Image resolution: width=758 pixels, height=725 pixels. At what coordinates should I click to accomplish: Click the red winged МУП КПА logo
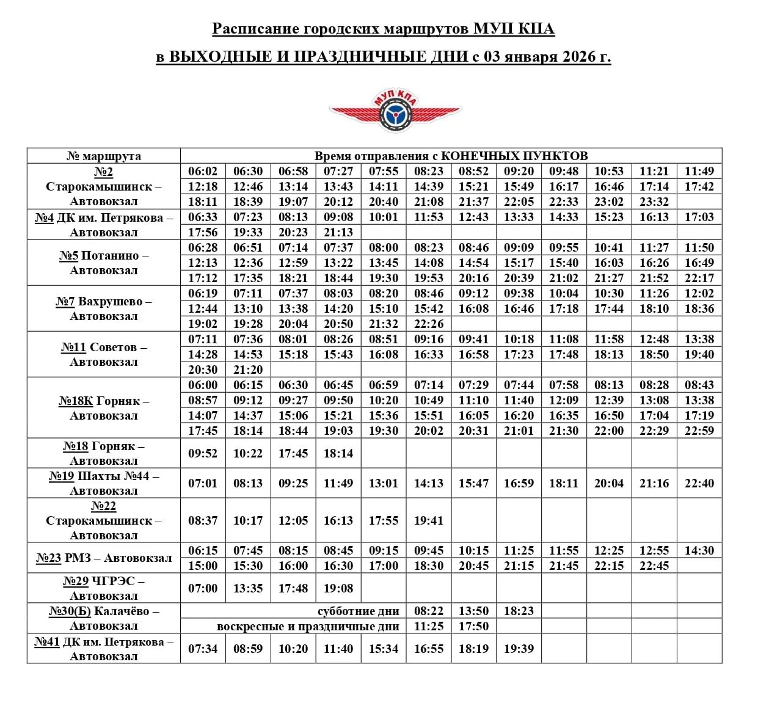point(395,111)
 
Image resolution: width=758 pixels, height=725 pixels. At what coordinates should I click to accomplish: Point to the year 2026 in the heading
point(579,57)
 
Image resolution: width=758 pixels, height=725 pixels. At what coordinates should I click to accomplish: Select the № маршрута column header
point(104,156)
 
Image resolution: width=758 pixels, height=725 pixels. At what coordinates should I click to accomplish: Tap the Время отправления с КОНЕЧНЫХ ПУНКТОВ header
point(451,156)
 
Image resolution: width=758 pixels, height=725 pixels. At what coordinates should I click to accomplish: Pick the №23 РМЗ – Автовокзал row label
point(104,558)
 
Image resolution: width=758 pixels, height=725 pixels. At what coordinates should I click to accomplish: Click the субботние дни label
point(359,611)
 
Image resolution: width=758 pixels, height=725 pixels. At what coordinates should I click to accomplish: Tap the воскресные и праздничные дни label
point(308,626)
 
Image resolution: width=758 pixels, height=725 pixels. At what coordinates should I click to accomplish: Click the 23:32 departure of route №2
point(654,202)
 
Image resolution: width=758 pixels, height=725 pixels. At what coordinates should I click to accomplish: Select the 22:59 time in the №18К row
point(699,431)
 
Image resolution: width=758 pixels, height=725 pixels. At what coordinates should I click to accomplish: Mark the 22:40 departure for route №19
point(699,483)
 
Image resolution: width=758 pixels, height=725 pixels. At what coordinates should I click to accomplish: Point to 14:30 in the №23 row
point(699,550)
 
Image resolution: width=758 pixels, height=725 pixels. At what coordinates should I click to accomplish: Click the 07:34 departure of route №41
point(203,649)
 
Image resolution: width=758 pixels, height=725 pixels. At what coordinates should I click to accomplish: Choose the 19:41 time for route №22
point(429,520)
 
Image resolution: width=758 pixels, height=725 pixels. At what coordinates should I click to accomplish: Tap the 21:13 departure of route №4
point(338,232)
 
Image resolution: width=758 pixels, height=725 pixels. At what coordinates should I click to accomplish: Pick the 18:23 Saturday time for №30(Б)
point(519,611)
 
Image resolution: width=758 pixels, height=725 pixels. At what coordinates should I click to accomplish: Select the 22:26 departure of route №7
point(429,324)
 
